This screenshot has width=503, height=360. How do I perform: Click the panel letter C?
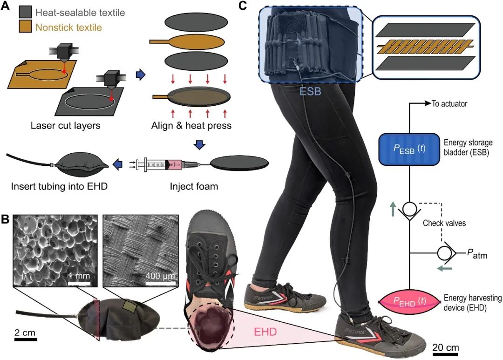[x=243, y=6]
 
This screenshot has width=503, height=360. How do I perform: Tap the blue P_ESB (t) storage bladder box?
[x=409, y=149]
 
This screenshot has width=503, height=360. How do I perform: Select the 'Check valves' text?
[x=444, y=224]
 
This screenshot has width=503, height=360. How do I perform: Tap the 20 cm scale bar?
[x=445, y=355]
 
